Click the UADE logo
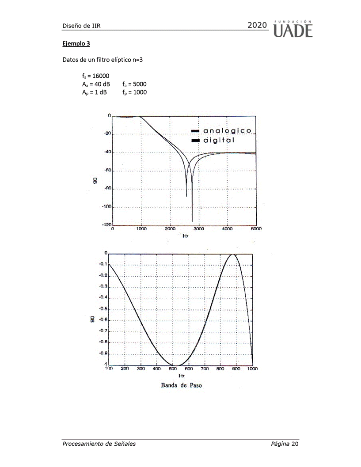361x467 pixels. tap(293, 28)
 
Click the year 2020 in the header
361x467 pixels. tap(258, 25)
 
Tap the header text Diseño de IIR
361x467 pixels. tap(82, 26)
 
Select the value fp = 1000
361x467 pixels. tap(135, 92)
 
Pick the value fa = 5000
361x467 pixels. tap(135, 84)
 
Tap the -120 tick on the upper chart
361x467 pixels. tap(106, 225)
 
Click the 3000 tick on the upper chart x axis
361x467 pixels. tap(198, 229)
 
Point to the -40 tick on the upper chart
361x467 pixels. tap(106, 152)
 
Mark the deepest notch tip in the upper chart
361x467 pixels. tap(192, 221)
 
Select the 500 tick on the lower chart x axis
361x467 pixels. tap(172, 368)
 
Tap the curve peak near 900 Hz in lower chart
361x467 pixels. tap(234, 254)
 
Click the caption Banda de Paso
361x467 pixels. tap(182, 385)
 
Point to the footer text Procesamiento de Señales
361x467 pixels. tap(99, 444)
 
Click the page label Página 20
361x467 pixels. tap(285, 444)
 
